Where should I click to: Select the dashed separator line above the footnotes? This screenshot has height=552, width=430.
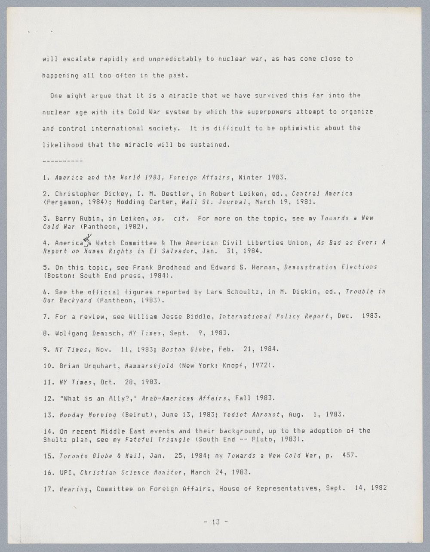[x=62, y=161]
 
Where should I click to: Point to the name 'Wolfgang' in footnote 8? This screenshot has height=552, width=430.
[x=71, y=333]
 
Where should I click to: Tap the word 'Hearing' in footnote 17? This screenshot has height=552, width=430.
[x=74, y=488]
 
